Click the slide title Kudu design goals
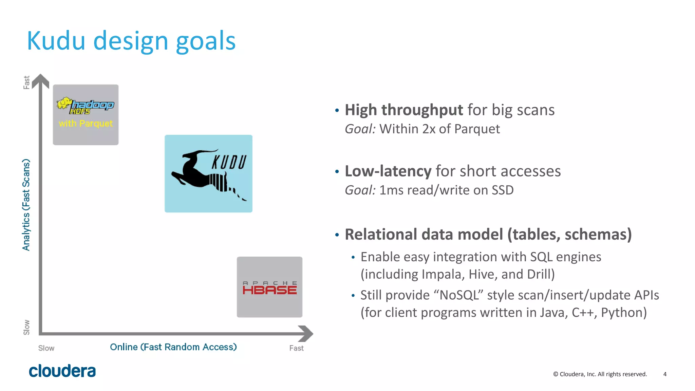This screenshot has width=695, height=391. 131,41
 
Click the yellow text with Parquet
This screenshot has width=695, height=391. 86,123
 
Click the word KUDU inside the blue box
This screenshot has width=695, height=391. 229,162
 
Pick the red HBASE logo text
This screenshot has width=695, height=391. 269,290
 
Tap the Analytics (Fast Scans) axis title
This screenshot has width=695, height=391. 26,205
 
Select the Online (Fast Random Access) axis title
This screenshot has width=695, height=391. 173,347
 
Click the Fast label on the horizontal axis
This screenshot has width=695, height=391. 296,348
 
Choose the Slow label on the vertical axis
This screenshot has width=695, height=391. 26,327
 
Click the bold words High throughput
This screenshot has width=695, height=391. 403,110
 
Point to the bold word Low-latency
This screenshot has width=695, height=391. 388,171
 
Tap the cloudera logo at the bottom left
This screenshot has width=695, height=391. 62,371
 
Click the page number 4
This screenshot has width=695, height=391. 665,374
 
